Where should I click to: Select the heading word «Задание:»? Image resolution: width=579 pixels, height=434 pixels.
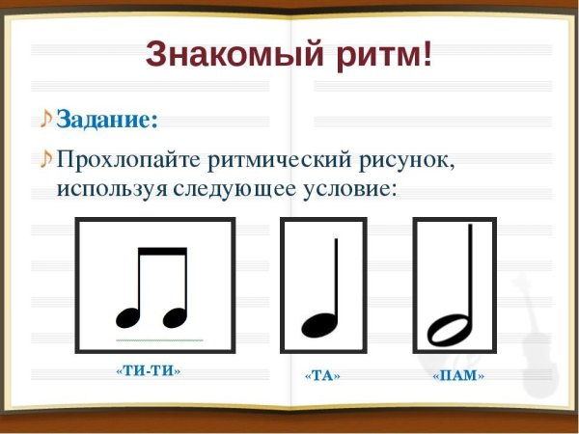coord(106,120)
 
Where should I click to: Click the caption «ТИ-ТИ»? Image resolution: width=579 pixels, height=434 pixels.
coord(149,370)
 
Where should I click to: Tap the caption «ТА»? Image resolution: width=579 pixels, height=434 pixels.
coord(323,375)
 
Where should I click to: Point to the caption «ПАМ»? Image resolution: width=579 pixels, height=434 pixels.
coord(458,375)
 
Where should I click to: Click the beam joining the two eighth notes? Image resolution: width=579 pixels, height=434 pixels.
coord(162,251)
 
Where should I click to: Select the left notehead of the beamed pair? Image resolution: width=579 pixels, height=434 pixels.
coord(128,317)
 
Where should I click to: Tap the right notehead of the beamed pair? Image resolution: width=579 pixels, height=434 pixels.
coord(174,317)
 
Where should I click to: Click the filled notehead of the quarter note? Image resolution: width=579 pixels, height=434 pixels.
coord(317,324)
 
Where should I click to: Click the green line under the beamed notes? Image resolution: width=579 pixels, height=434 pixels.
coord(159,340)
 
